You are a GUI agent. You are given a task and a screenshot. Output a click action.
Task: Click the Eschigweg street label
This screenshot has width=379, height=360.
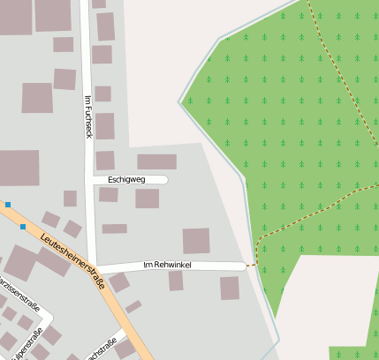[125, 179]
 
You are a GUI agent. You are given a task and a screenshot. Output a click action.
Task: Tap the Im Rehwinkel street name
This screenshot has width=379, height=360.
[167, 265]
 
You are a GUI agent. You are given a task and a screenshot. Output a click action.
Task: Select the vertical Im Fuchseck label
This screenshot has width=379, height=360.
[87, 116]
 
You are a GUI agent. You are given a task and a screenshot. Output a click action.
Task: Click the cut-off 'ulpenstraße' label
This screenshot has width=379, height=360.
[29, 343]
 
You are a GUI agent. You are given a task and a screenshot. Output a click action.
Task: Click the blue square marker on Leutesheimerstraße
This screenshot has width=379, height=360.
[23, 227]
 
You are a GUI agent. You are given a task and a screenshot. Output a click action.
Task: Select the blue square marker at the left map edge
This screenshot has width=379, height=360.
[7, 205]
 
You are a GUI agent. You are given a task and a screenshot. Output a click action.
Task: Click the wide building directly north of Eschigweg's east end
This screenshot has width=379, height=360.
[156, 161]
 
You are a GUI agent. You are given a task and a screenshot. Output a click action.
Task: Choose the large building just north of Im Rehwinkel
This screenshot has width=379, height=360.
[196, 241]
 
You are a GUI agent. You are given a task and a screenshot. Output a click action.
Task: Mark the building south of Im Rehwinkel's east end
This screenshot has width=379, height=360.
[230, 288]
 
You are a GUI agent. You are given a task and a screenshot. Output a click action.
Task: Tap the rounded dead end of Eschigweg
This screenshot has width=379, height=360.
[164, 179]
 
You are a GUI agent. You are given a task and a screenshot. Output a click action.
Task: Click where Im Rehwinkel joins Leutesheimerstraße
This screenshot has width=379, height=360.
[98, 267]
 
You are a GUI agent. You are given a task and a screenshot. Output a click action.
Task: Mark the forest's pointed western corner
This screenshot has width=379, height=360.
[180, 101]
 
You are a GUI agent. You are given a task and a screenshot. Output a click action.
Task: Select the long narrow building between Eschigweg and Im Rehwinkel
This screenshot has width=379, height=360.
[114, 229]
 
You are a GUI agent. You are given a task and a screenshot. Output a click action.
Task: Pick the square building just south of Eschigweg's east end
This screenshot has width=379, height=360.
[147, 199]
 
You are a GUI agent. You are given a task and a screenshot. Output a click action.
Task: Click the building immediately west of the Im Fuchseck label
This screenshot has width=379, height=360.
[64, 79]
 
